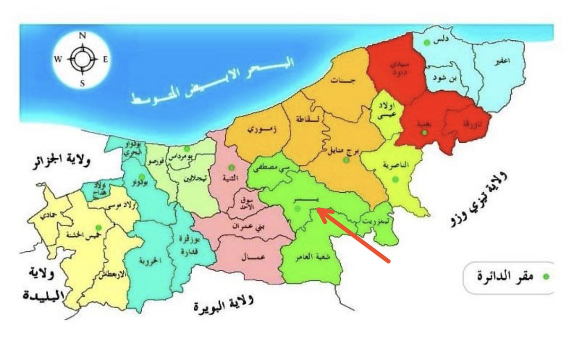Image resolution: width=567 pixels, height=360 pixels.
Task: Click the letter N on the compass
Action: tap(82, 35)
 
